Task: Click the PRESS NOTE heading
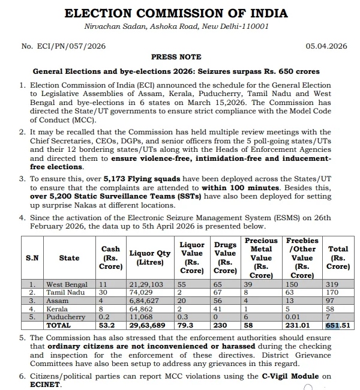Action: click(x=176, y=57)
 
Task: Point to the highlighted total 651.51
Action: click(x=338, y=325)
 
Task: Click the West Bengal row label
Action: click(x=67, y=284)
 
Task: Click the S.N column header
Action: click(x=32, y=258)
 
